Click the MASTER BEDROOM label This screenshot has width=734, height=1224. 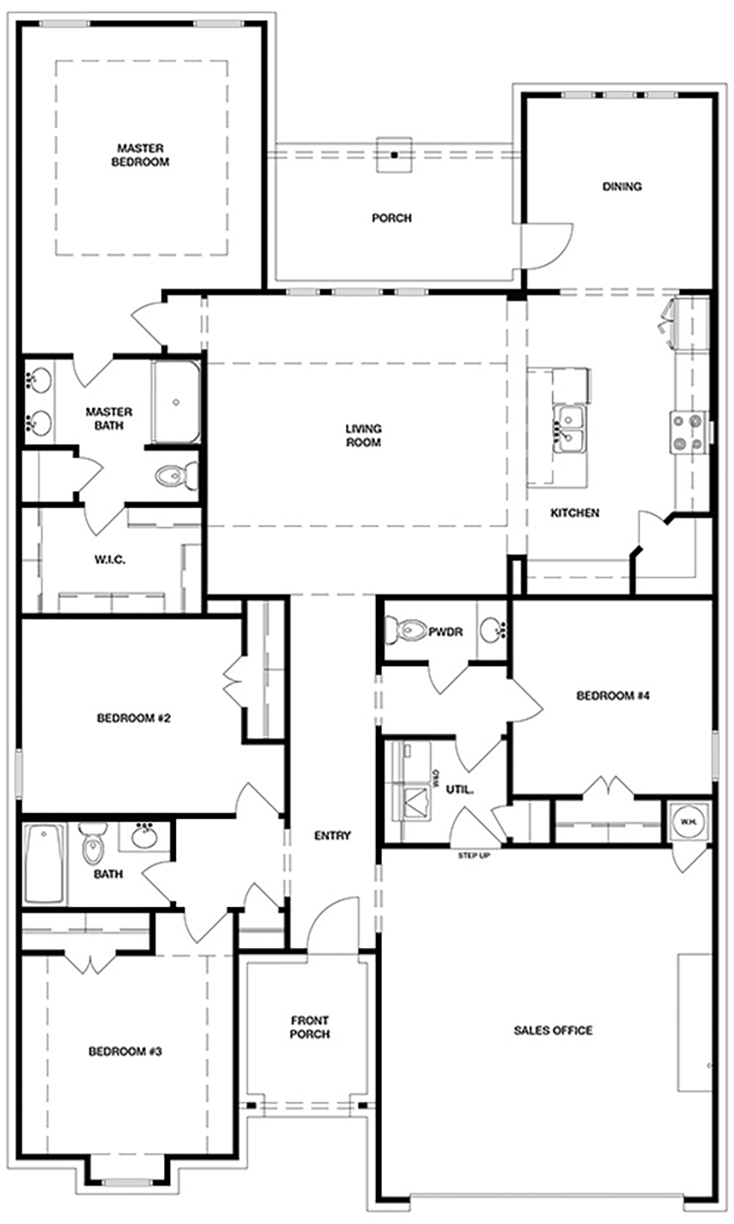tap(140, 155)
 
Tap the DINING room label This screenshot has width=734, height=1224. tap(622, 186)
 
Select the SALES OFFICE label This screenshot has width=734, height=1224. tap(553, 1030)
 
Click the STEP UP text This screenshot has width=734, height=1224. tap(474, 855)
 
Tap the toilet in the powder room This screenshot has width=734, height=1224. tap(405, 630)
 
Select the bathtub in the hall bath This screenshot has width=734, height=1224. tap(44, 864)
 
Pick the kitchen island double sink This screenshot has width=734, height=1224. tap(569, 429)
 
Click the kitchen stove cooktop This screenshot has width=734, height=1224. tap(688, 432)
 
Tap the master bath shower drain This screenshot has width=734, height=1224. tap(176, 402)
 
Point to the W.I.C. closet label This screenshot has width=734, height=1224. tap(110, 560)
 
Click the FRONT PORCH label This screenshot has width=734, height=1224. tap(310, 1027)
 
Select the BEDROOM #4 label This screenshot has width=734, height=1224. tap(613, 696)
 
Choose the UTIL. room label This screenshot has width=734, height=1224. tap(459, 790)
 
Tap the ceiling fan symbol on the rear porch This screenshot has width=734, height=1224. tap(394, 155)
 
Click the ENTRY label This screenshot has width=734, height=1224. tap(333, 836)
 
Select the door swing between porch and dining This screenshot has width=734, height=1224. tap(553, 246)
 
